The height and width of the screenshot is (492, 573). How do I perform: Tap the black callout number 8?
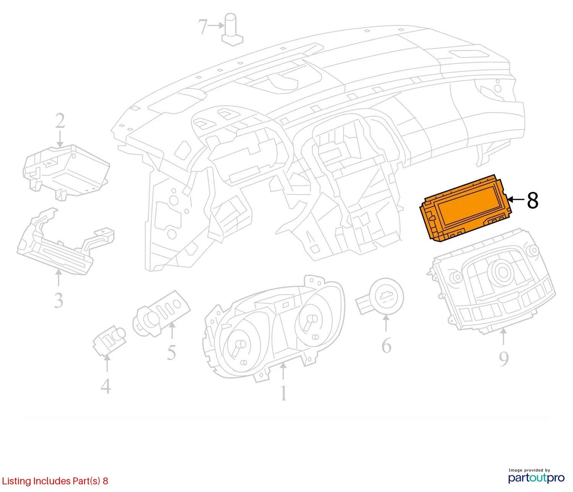pos(532,201)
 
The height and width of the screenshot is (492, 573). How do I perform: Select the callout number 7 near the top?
pos(202,26)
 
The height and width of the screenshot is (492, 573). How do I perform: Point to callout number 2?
pos(60,121)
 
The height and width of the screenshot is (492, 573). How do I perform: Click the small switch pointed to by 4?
pos(108,340)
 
